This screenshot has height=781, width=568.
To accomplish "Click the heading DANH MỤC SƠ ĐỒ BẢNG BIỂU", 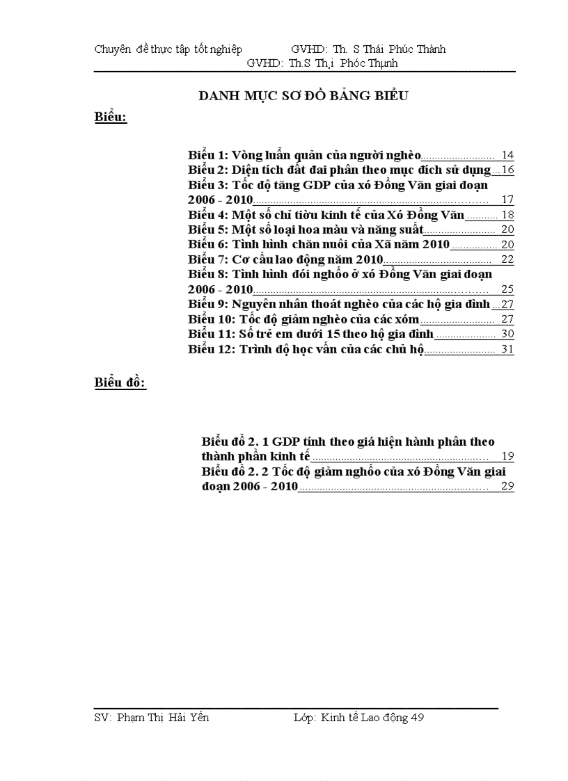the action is [303, 96].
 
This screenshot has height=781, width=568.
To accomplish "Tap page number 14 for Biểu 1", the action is [507, 155].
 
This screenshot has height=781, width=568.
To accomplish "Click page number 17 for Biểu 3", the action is [507, 200].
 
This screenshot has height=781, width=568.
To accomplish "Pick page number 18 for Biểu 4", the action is [507, 215].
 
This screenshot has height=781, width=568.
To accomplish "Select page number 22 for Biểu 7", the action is [507, 259].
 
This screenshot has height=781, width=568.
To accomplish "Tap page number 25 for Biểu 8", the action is [507, 289].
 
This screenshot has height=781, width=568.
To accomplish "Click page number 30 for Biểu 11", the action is [507, 334].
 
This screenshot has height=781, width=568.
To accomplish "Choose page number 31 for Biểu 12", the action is [507, 349].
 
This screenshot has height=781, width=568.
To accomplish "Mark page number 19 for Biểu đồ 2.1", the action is [507, 456].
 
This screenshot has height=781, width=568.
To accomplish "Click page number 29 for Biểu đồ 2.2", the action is [507, 486].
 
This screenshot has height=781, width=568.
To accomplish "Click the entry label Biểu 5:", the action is [208, 230].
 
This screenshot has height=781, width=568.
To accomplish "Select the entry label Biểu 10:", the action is [212, 319].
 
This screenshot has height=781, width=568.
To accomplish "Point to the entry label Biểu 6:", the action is [208, 244].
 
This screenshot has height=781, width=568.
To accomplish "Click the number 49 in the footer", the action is [417, 718].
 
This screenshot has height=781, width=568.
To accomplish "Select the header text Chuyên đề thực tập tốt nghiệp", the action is [168, 49].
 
